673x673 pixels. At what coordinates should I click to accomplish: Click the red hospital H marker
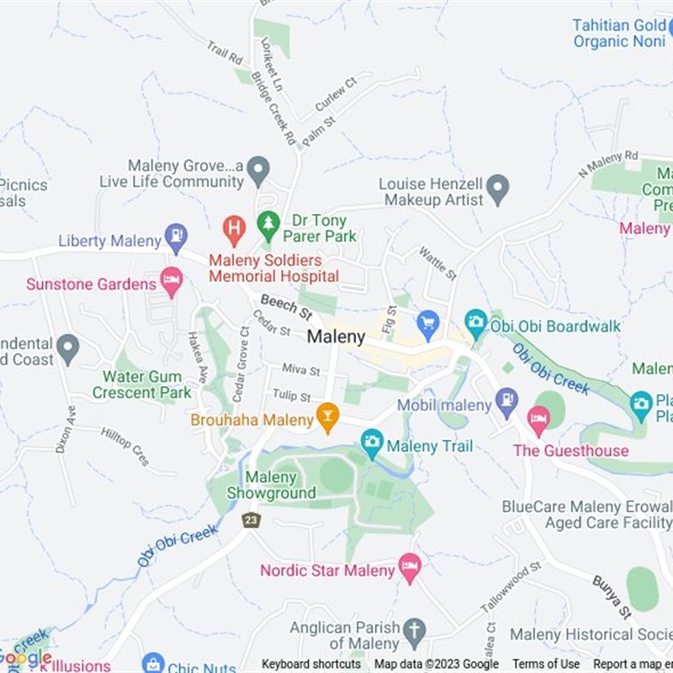click(234, 226)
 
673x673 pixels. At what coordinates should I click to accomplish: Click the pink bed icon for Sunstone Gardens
click(172, 282)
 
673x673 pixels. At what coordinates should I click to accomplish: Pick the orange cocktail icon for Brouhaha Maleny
click(327, 416)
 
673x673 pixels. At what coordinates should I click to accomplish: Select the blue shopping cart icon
click(428, 324)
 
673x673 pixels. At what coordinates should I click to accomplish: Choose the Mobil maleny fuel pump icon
click(506, 402)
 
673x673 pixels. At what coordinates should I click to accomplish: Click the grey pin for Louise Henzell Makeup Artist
click(499, 188)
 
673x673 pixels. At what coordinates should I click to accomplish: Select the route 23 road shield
click(251, 521)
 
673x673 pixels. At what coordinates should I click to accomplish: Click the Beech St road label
click(286, 307)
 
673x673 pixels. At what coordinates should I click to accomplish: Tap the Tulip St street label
click(291, 396)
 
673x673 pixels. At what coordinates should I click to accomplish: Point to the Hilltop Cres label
click(125, 445)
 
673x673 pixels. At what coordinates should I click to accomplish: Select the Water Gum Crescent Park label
click(141, 385)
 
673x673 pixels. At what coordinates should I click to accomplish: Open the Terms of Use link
click(546, 664)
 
